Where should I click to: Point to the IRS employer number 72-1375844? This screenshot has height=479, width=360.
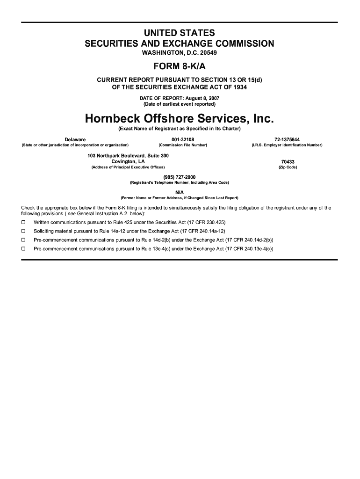tap(287, 139)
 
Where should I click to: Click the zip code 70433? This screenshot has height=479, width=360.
tap(288, 161)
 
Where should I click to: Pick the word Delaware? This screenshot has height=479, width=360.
tap(75, 139)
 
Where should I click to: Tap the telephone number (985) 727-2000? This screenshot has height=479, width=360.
tap(180, 177)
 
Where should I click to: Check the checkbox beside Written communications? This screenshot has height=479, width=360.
tap(23, 222)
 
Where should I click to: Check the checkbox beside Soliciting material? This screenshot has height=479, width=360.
tap(23, 231)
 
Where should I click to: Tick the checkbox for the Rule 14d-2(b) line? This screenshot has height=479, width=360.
tap(23, 240)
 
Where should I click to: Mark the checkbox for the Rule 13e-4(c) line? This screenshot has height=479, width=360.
tap(23, 249)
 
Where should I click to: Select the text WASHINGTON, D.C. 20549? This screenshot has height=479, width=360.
tap(180, 53)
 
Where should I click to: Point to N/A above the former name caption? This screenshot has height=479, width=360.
tap(180, 192)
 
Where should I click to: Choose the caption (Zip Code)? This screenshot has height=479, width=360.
tap(288, 167)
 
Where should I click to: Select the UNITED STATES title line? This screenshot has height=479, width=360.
tap(180, 33)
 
